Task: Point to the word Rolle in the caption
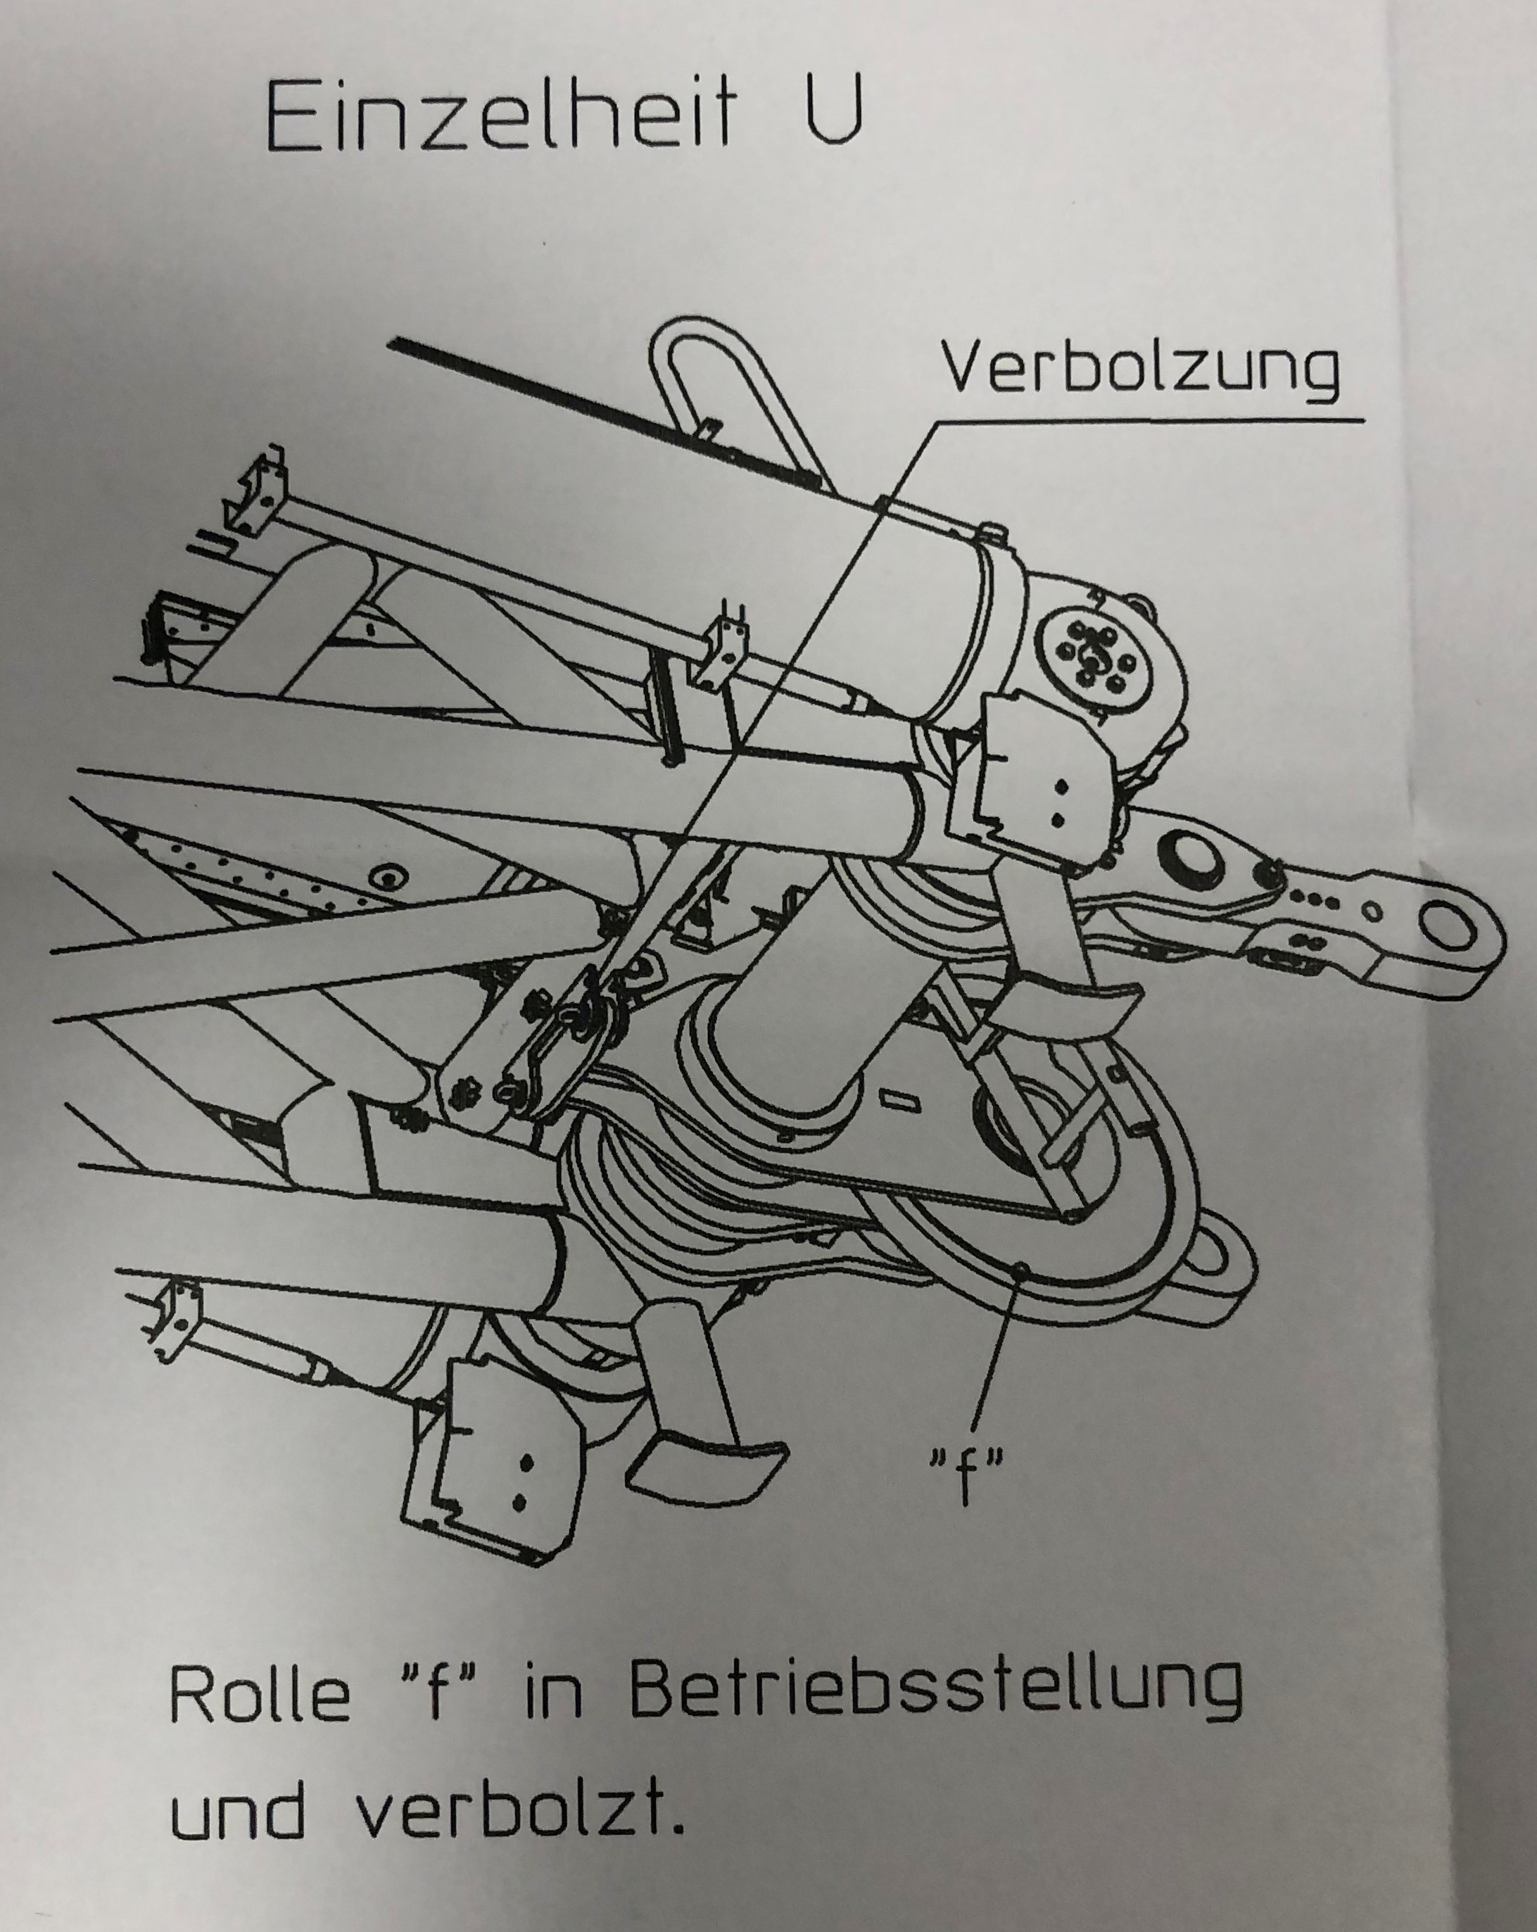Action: click(x=259, y=1696)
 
